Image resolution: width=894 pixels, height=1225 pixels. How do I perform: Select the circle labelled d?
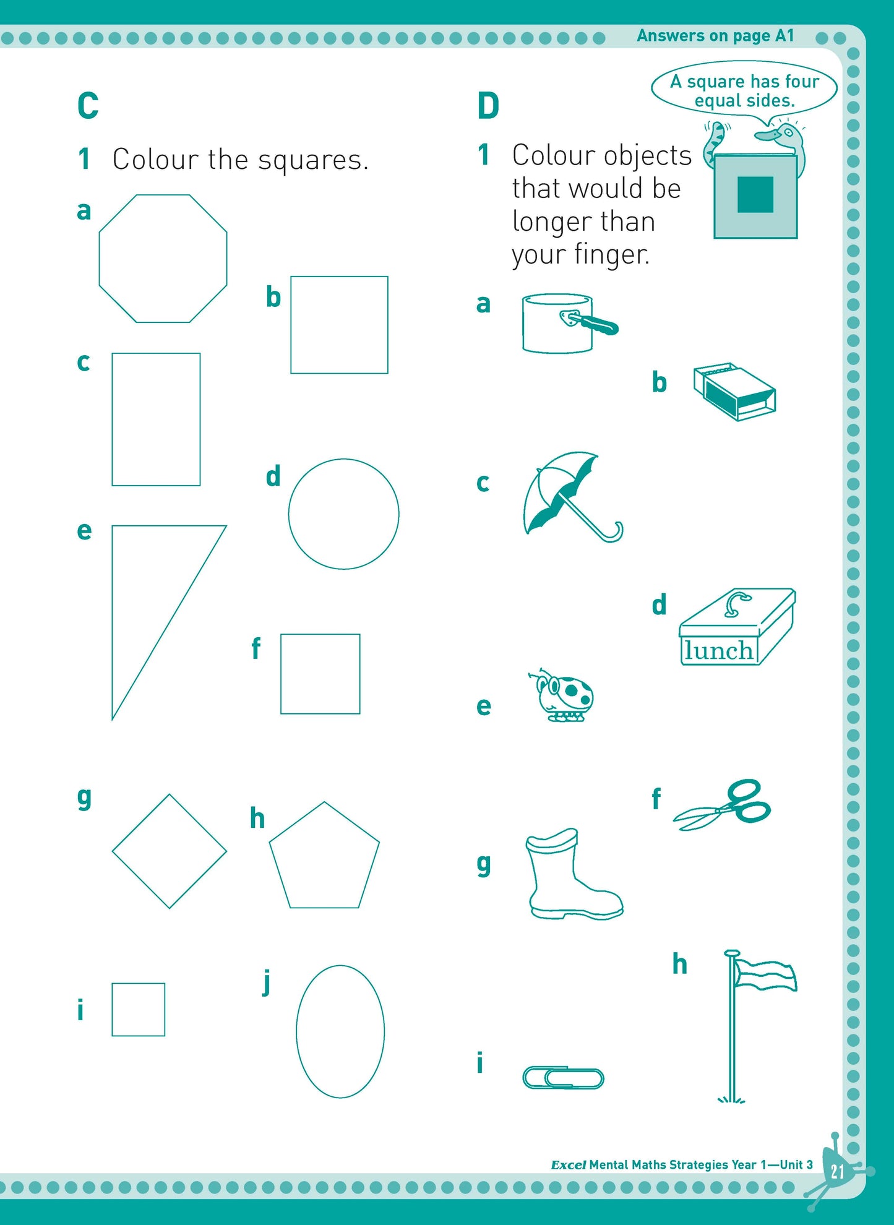[288, 514]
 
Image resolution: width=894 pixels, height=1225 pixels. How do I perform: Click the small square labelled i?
[112, 1010]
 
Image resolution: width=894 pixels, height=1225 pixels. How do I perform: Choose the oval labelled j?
[296, 1031]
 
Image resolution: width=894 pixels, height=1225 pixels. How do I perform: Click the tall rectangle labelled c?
[112, 419]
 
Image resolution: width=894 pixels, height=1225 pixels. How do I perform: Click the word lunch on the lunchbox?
[718, 651]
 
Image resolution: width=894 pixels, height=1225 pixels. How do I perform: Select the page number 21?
[837, 1171]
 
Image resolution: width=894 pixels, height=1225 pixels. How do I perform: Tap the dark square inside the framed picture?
[755, 194]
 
